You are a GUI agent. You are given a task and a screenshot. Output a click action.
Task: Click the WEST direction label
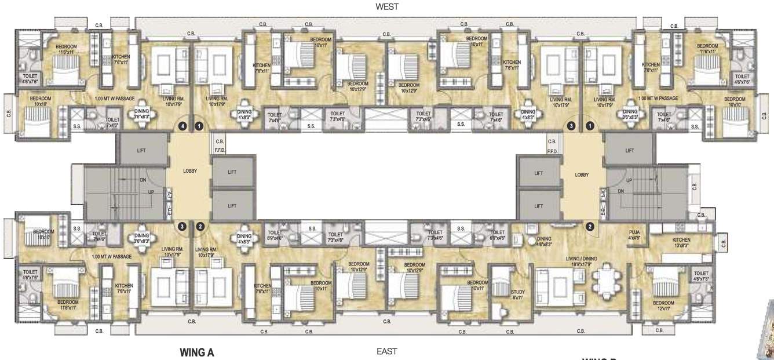(x=386, y=6)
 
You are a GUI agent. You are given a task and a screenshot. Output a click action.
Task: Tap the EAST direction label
(x=386, y=351)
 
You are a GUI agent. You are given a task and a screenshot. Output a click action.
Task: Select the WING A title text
(x=197, y=352)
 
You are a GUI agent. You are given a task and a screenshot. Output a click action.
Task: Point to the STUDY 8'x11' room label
(x=518, y=294)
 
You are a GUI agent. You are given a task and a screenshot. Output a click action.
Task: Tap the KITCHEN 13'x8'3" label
(x=681, y=243)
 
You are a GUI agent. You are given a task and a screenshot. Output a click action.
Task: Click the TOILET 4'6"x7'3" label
(x=701, y=276)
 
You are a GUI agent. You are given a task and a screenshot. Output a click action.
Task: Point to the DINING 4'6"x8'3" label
(x=543, y=241)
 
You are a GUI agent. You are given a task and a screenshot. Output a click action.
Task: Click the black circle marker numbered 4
(x=183, y=125)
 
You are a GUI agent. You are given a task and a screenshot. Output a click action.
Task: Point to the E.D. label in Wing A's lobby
(x=170, y=213)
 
